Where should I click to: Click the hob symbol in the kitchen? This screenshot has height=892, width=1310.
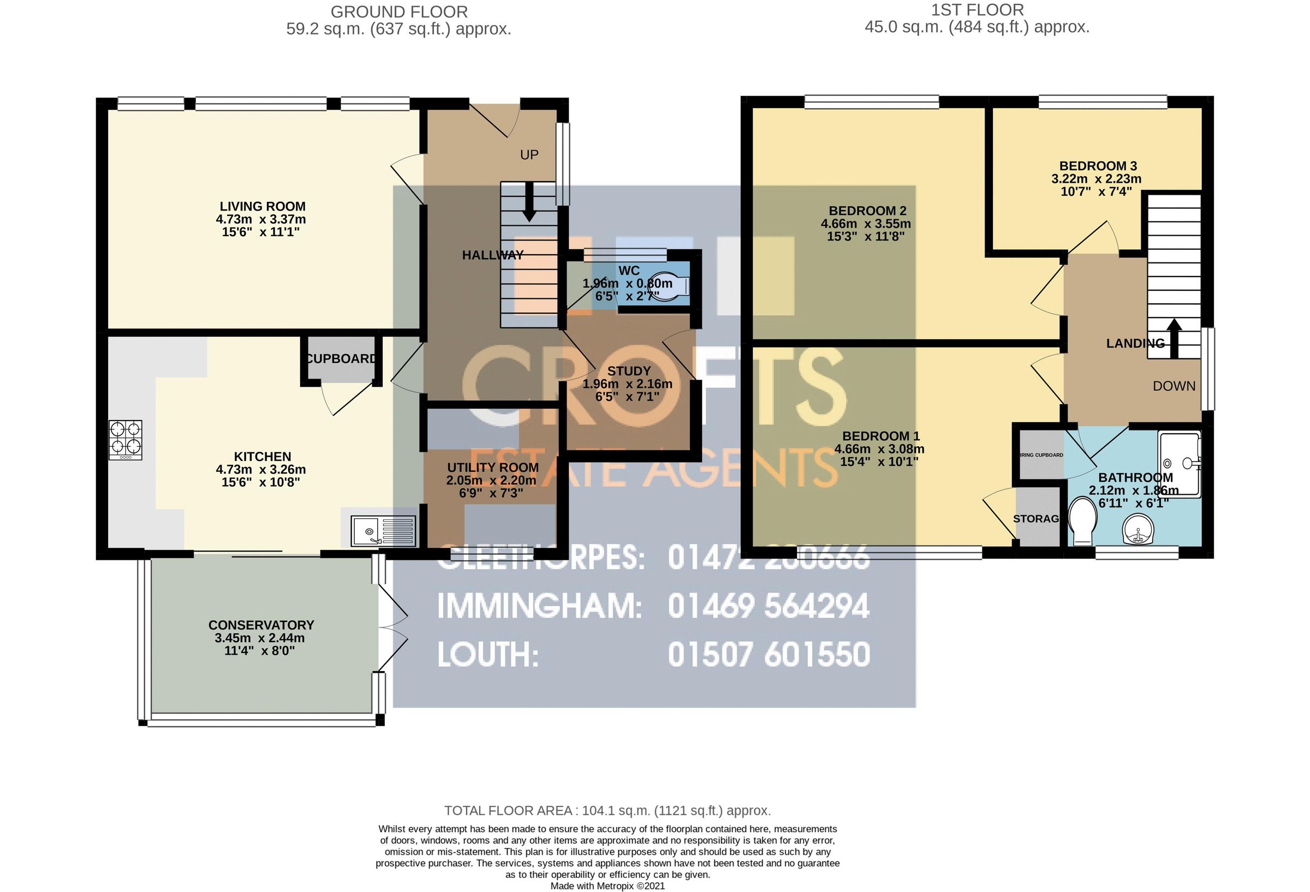[x=125, y=440]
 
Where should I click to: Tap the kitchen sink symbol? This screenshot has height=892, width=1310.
[x=383, y=531]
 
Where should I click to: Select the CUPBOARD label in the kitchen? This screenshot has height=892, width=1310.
[x=341, y=359]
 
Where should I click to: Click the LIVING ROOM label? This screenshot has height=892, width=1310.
[x=262, y=207]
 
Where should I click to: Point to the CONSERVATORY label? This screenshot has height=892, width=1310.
[x=261, y=625]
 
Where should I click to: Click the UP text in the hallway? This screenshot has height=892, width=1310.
[x=529, y=155]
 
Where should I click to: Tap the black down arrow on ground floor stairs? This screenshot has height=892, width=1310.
[x=529, y=202]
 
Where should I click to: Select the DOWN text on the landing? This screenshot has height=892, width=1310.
[x=1174, y=387]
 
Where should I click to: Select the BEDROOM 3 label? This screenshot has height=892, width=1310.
[x=1098, y=166]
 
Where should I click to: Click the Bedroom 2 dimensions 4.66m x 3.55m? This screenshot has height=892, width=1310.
[x=865, y=224]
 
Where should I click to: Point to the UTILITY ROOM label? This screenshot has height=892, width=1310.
[x=493, y=468]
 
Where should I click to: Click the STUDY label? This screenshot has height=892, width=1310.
[x=628, y=372]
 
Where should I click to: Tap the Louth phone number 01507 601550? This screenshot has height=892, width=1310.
[x=769, y=655]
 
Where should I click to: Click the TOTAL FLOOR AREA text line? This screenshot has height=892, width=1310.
[x=607, y=810]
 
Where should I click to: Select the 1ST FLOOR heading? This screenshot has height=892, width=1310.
[x=977, y=10]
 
